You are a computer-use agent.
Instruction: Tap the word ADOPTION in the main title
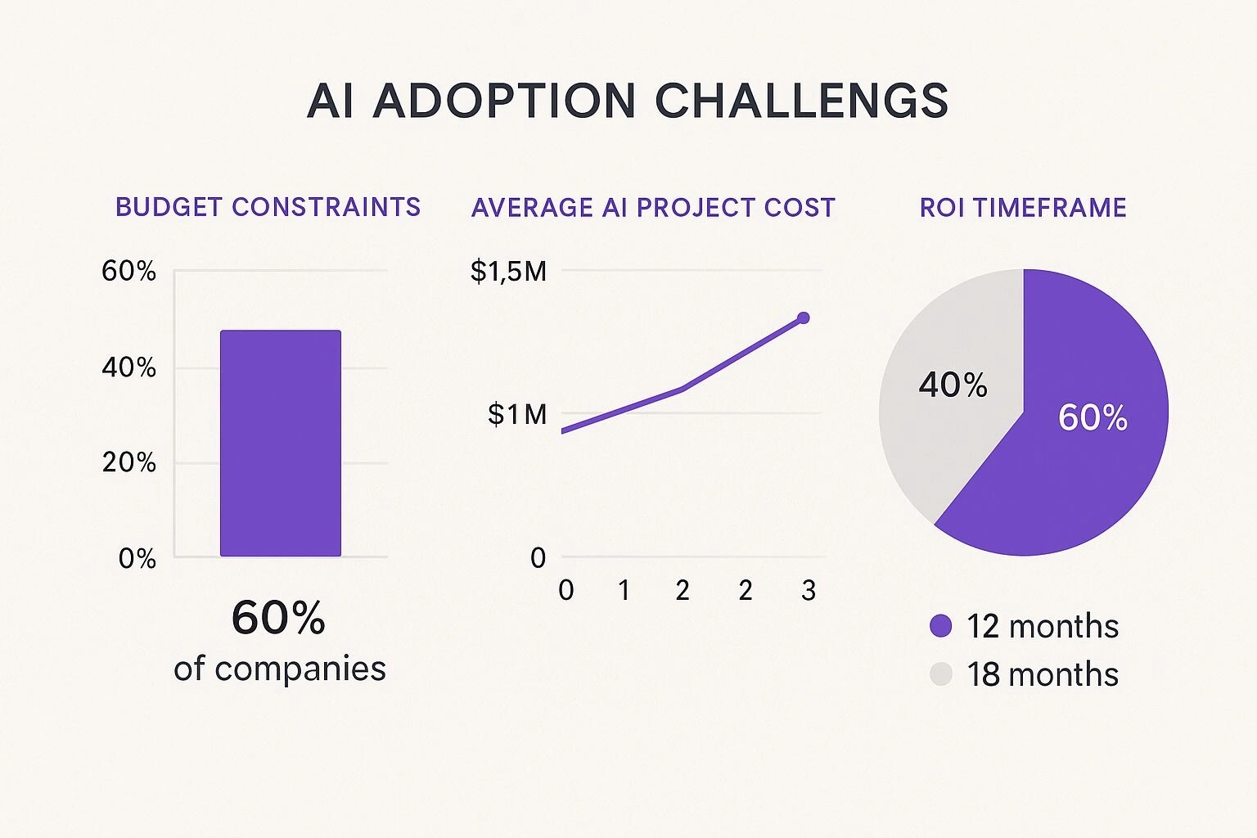[504, 101]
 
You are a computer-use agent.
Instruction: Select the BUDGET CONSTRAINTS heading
[268, 207]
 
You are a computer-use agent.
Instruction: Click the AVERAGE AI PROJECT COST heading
[653, 207]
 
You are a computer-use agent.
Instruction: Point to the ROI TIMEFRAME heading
[1023, 207]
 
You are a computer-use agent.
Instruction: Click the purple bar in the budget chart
[281, 444]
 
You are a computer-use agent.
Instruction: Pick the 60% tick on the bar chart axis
[128, 271]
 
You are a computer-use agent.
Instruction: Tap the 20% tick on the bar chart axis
[128, 462]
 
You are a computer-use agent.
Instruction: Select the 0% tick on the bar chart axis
[137, 558]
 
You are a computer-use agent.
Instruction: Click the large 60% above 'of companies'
[278, 618]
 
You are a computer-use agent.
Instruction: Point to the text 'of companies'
[280, 669]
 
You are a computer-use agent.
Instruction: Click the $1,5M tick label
[508, 271]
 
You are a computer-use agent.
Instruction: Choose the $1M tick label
[517, 414]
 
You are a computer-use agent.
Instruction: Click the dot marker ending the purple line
[803, 318]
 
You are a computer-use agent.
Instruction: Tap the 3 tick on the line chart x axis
[809, 590]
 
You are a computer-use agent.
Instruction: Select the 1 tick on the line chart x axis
[624, 590]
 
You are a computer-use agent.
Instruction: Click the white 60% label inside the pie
[1093, 417]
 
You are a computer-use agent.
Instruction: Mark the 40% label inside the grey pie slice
[953, 385]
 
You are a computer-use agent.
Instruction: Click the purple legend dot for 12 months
[941, 626]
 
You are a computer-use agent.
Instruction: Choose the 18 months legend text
[1042, 674]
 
